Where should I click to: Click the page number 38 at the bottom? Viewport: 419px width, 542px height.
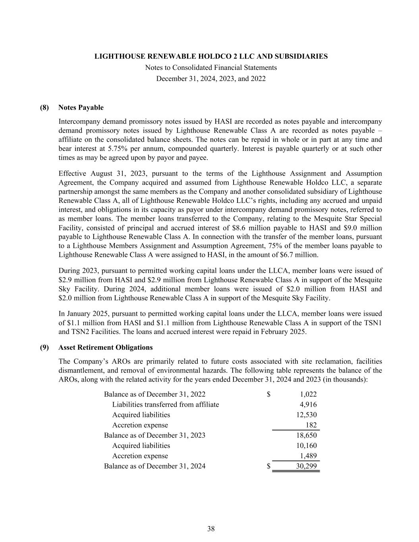click(x=211, y=528)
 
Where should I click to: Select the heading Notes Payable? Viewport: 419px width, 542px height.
click(x=81, y=108)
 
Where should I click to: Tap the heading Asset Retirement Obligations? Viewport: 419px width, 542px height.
click(x=105, y=347)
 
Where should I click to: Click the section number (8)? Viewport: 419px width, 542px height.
click(x=44, y=108)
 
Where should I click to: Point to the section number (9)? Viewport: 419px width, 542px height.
click(x=44, y=347)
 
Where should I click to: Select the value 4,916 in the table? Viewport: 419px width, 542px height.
click(x=308, y=405)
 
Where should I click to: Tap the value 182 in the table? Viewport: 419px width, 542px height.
click(x=311, y=425)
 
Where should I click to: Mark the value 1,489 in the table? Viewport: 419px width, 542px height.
click(x=308, y=456)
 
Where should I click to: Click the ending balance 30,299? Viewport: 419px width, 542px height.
click(x=306, y=466)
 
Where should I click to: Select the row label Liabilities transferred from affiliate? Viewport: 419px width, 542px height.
click(x=165, y=405)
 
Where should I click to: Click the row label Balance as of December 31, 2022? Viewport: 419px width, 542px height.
click(x=154, y=394)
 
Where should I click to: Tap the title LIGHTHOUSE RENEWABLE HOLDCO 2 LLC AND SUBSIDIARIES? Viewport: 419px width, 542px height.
click(x=211, y=56)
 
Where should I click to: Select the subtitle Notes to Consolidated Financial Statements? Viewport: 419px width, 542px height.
click(x=211, y=68)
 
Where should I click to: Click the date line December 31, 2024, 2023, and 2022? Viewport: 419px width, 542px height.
click(x=211, y=79)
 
